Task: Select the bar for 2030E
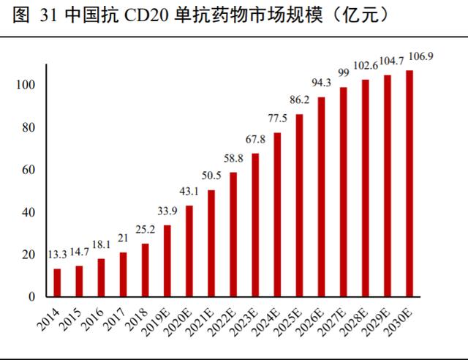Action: tap(409, 184)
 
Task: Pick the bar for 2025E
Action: tap(299, 206)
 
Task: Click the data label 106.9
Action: tap(419, 55)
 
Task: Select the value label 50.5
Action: tap(211, 175)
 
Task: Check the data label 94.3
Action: tap(321, 82)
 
